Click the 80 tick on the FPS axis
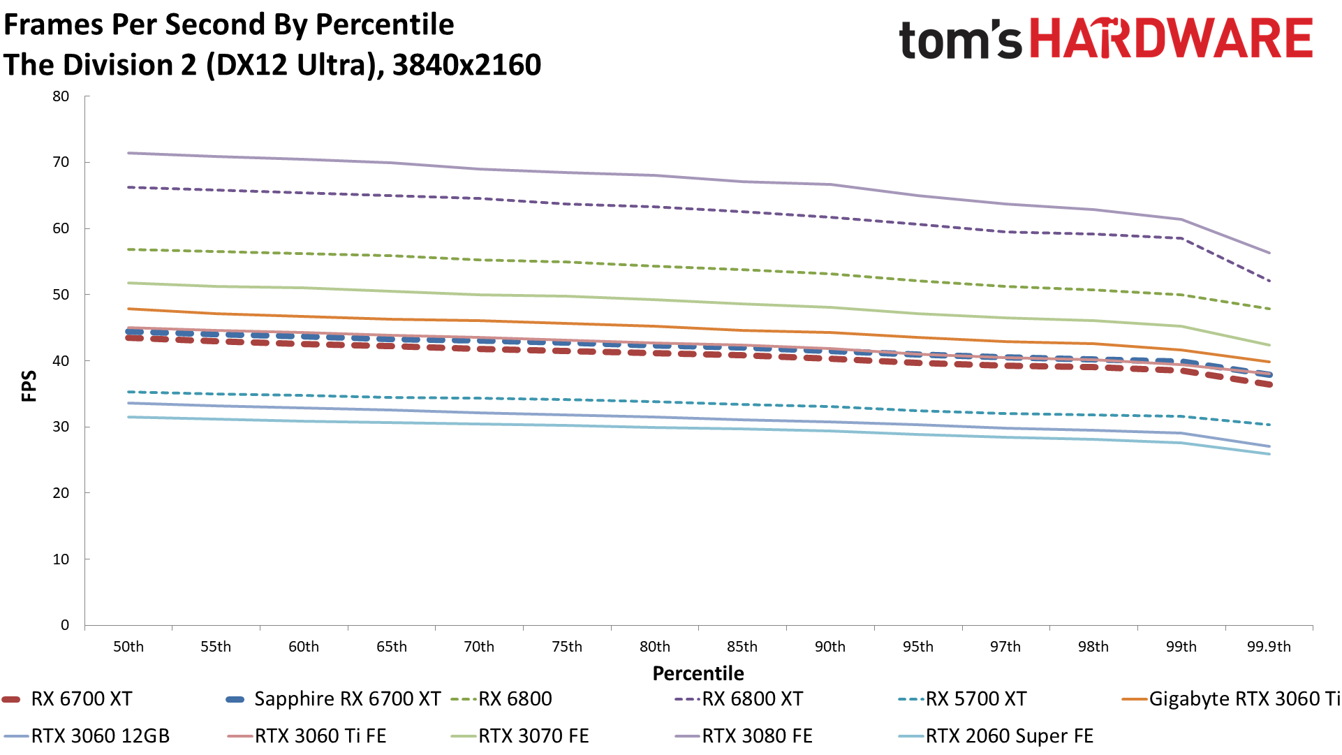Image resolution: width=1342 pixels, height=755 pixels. pos(61,96)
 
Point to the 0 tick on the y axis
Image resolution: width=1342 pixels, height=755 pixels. pos(65,625)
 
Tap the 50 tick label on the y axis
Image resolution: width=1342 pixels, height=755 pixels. pos(61,295)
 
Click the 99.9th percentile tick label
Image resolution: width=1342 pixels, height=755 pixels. pos(1269,647)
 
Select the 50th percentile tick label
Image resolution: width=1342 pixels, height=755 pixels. pos(128,647)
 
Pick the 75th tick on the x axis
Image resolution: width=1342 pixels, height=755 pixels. pos(567,647)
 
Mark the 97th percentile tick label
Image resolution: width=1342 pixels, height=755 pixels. pos(1005,647)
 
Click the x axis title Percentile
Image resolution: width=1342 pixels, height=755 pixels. pos(698,673)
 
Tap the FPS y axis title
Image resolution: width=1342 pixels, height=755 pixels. pos(29,386)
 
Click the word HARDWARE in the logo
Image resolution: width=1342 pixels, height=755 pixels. pos(1172,38)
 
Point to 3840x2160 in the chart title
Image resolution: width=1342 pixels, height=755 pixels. pos(466,65)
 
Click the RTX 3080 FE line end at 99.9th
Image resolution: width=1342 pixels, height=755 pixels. pos(1269,253)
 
